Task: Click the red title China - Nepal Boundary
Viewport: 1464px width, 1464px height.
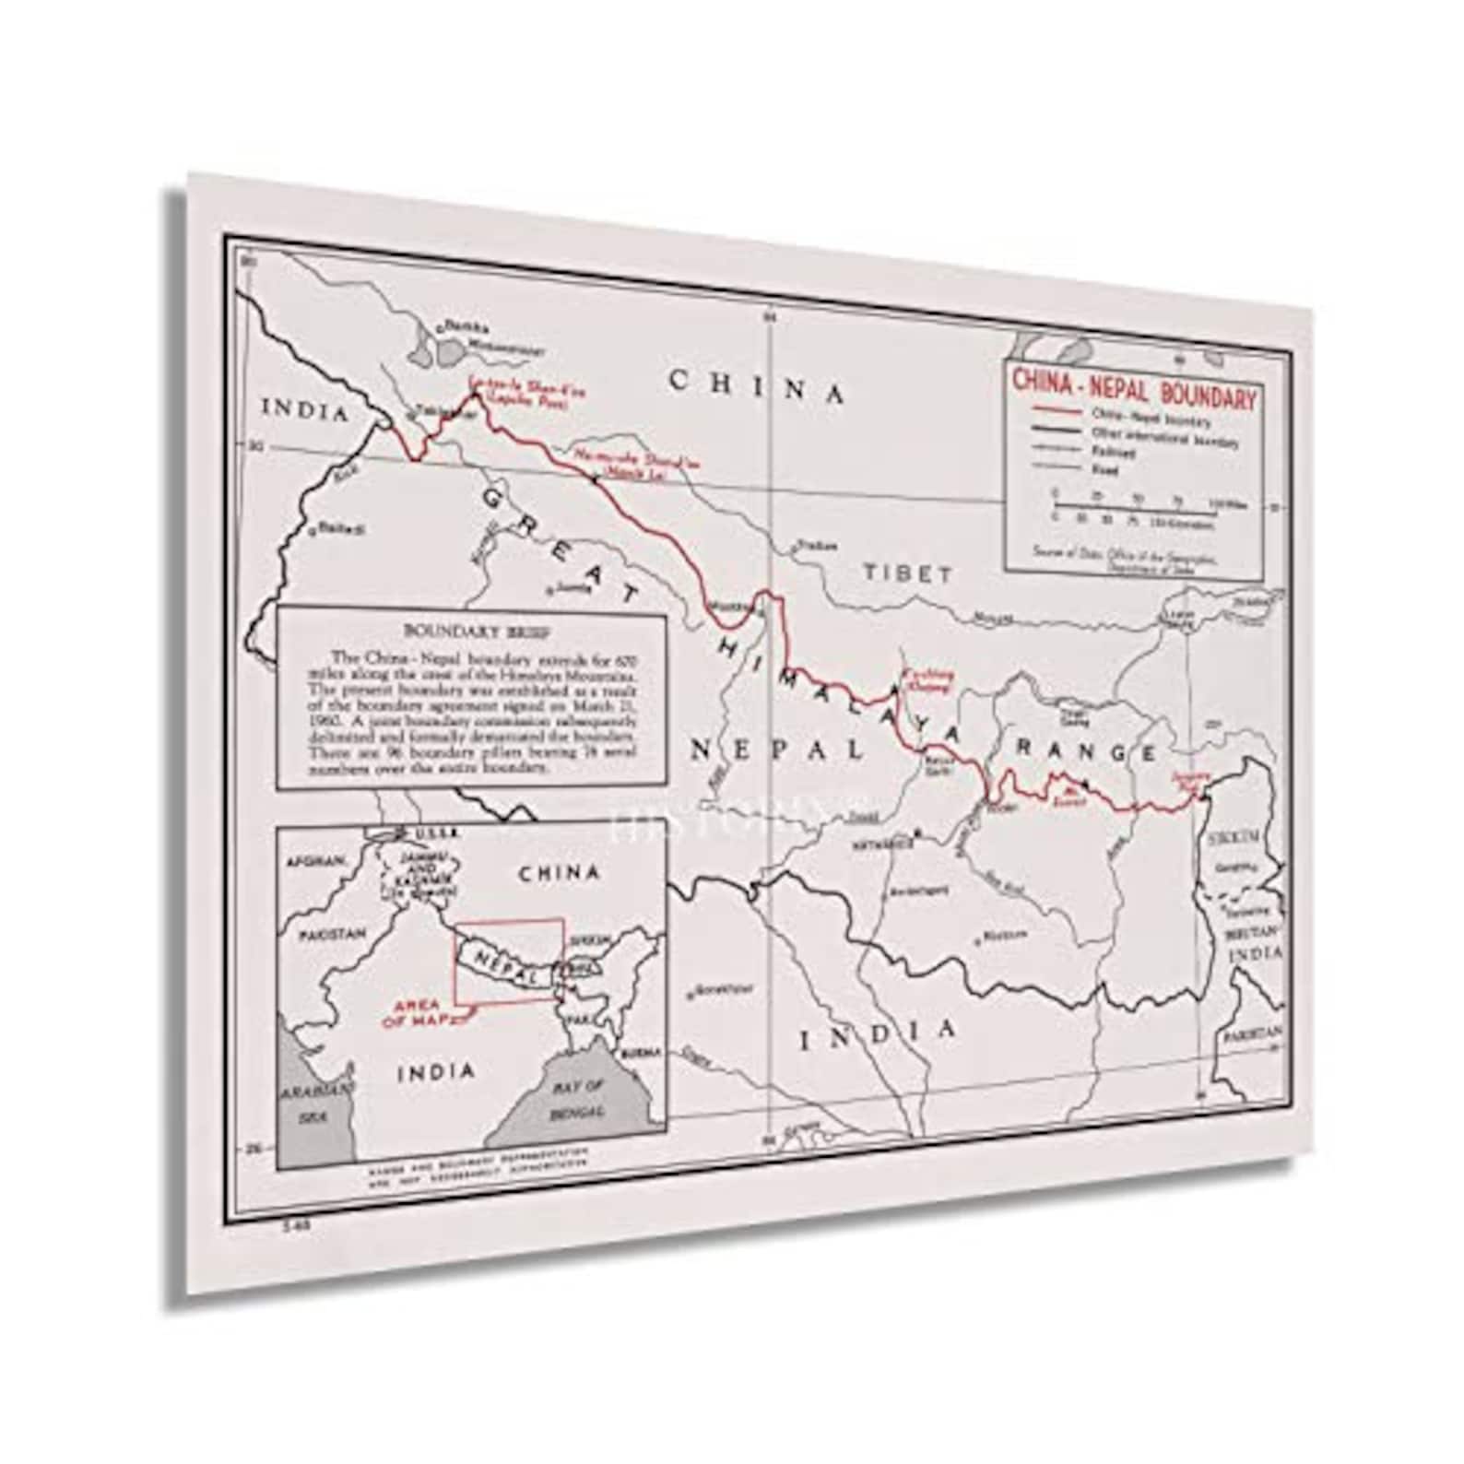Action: (x=1133, y=388)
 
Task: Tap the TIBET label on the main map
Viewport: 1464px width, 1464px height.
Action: (x=908, y=573)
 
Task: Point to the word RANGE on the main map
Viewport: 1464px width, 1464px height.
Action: (x=1085, y=751)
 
